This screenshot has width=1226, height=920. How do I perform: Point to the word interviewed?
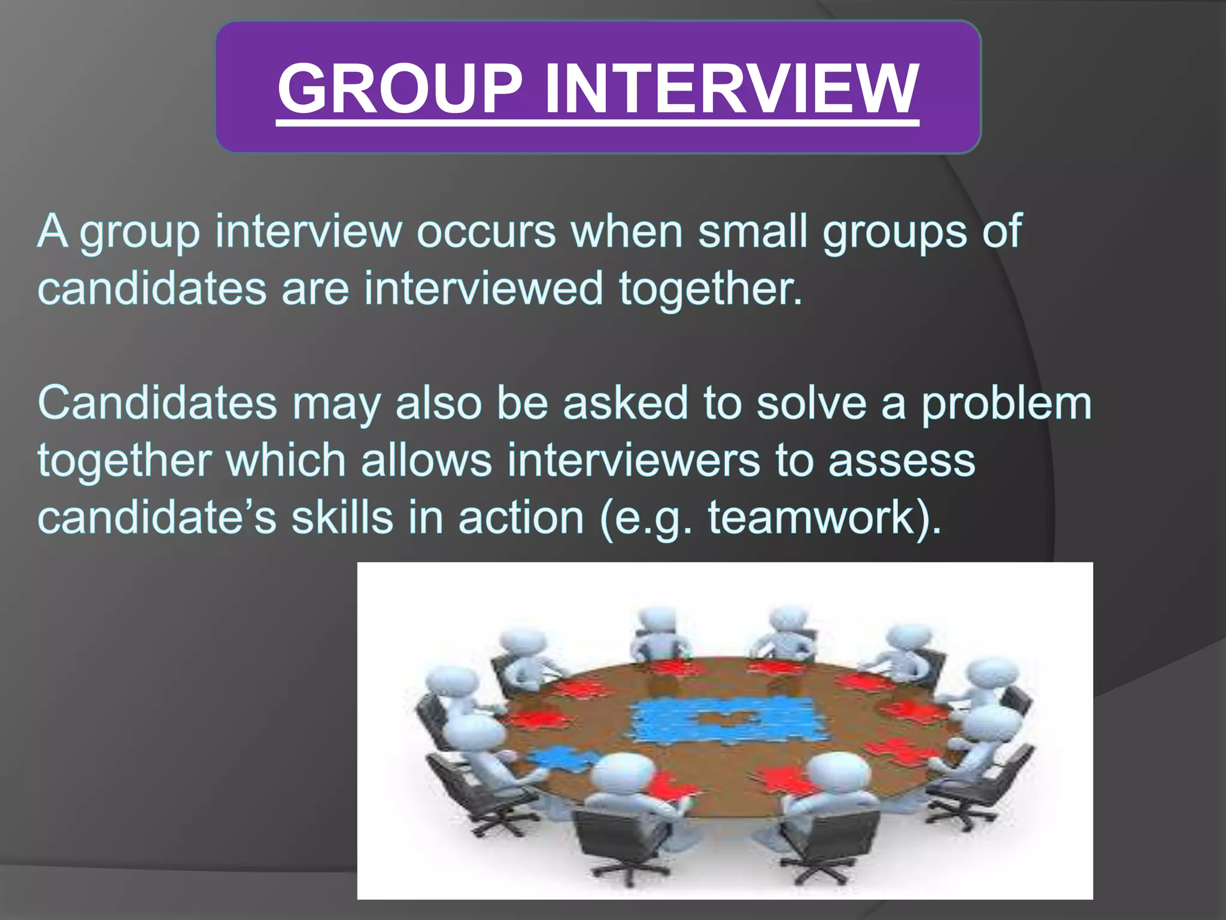tap(484, 288)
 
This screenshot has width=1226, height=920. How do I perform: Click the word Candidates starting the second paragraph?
tap(157, 402)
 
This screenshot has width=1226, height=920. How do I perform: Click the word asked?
tap(626, 402)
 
